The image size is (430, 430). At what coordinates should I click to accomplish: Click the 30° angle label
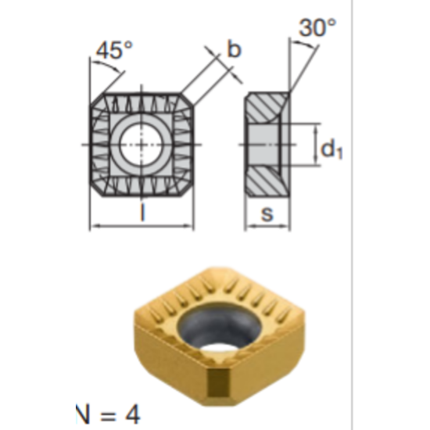point(317,28)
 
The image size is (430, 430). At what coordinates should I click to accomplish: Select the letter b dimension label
point(234,49)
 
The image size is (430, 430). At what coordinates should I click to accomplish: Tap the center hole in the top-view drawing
point(142,145)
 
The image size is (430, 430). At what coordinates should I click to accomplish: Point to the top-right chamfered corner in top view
point(185,101)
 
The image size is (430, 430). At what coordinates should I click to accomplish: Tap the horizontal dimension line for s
point(270,228)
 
